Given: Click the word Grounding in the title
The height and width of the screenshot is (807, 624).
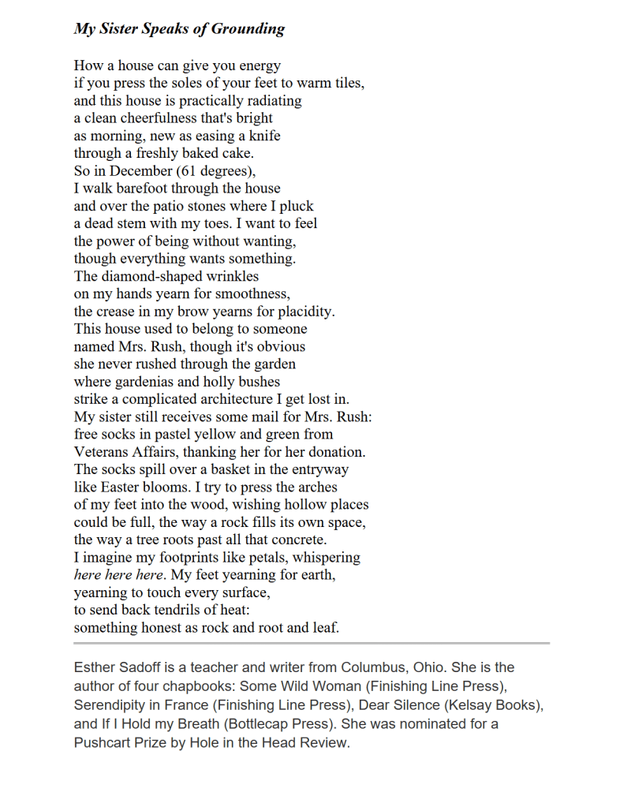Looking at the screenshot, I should click(x=248, y=29).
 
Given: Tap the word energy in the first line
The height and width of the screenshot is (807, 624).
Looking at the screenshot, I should click(x=260, y=65).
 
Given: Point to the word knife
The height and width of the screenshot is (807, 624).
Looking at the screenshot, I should click(x=263, y=136).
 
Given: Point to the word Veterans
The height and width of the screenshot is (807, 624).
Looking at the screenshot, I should click(x=103, y=452).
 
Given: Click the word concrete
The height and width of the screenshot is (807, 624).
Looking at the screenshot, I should click(x=298, y=540).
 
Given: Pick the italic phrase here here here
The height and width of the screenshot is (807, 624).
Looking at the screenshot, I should click(x=118, y=575).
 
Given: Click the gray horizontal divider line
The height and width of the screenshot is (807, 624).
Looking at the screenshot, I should click(x=312, y=644).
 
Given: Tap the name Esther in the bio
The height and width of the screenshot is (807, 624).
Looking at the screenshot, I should click(x=95, y=667).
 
